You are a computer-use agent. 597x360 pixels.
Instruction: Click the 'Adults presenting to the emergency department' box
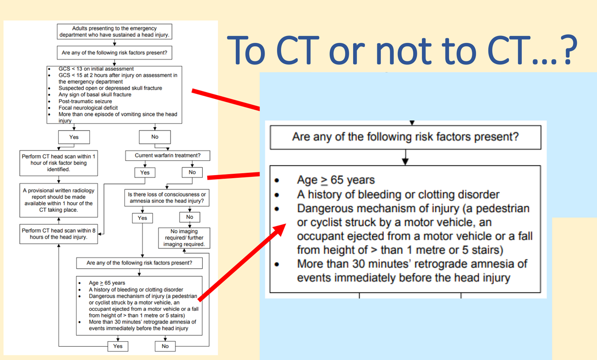click(x=115, y=31)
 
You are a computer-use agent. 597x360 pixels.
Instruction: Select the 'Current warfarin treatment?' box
click(x=168, y=156)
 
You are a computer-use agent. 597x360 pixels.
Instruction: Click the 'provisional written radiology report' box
click(x=58, y=200)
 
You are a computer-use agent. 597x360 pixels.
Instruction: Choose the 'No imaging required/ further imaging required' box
click(x=184, y=238)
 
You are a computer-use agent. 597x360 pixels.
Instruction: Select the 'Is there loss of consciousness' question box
click(x=167, y=197)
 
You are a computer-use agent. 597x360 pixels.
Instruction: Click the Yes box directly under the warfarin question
click(x=145, y=172)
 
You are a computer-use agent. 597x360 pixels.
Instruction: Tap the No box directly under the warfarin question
click(x=192, y=172)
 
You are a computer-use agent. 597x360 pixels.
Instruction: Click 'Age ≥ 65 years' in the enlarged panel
click(x=336, y=180)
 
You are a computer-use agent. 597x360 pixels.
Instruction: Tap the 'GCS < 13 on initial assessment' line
click(x=96, y=69)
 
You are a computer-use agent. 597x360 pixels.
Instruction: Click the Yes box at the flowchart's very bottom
click(x=118, y=346)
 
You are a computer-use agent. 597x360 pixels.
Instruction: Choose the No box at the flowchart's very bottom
click(x=165, y=346)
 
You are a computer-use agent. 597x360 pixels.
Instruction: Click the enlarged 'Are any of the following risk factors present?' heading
click(x=405, y=136)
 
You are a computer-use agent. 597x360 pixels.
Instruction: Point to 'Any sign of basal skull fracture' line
click(x=95, y=95)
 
